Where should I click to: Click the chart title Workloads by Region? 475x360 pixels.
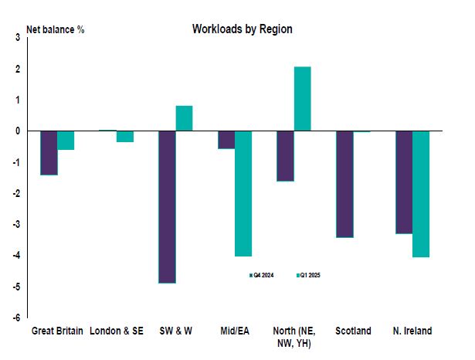[242, 29]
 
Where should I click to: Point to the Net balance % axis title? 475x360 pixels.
[56, 31]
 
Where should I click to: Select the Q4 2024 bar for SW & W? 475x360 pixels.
[168, 207]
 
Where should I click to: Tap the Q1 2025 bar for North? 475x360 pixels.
[302, 99]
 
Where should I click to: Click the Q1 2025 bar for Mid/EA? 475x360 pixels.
[243, 193]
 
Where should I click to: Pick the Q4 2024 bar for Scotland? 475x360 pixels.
[344, 184]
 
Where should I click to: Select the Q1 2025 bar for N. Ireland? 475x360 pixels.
[421, 193]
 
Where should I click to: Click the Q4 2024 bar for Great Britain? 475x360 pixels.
[49, 153]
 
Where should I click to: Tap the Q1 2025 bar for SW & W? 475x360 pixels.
[184, 118]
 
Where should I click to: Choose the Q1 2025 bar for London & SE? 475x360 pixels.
[124, 137]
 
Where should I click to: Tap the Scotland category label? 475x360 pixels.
[353, 331]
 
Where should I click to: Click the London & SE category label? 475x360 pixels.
[117, 331]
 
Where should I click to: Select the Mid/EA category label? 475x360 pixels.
[235, 331]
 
